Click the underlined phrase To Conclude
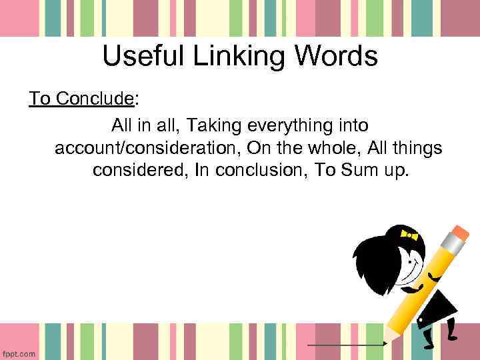[81, 99]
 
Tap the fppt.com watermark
[19, 353]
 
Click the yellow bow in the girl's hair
[409, 235]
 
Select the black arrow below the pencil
[347, 344]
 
